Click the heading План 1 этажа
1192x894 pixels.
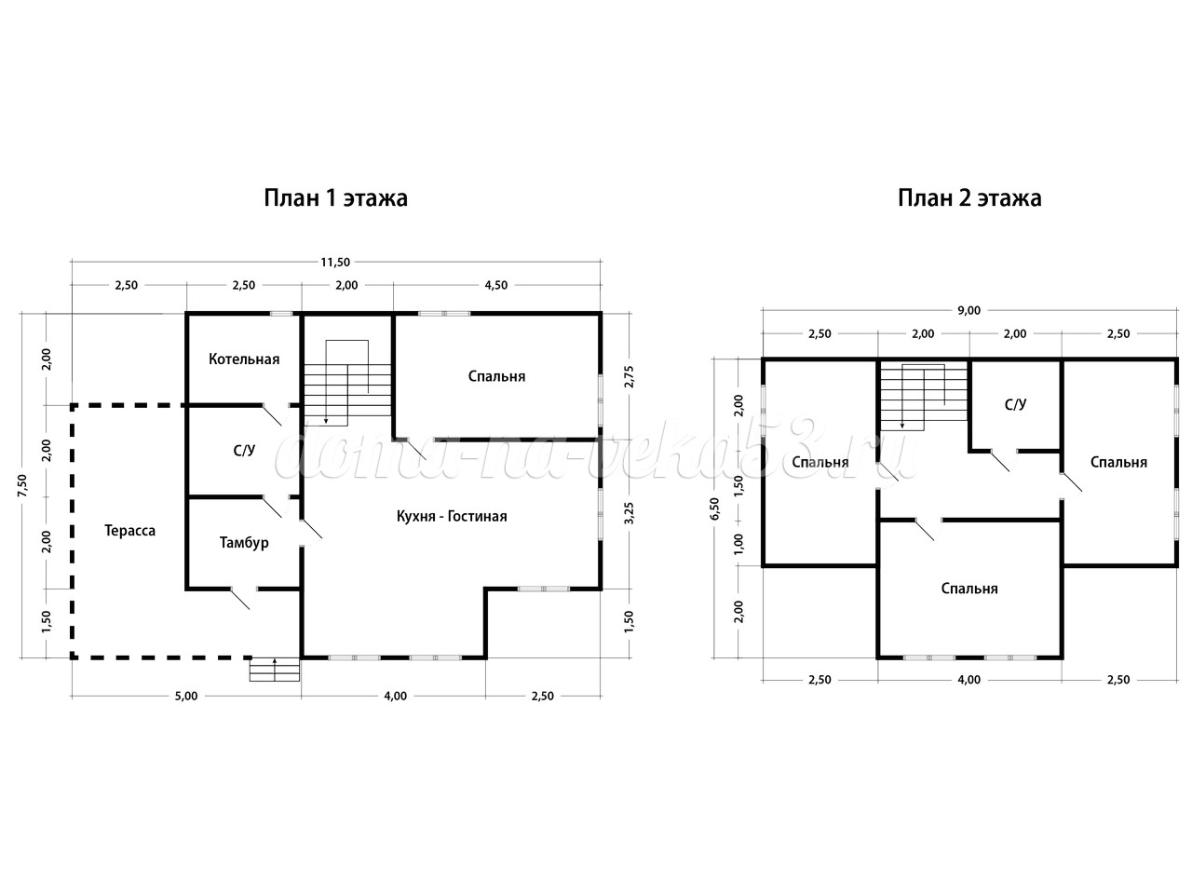pyautogui.click(x=335, y=198)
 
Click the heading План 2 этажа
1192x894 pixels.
pyautogui.click(x=969, y=198)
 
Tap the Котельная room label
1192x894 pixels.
pyautogui.click(x=244, y=359)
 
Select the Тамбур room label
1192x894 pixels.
pyautogui.click(x=244, y=543)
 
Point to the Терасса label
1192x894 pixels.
pyautogui.click(x=129, y=531)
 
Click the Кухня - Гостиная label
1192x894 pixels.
pyautogui.click(x=452, y=516)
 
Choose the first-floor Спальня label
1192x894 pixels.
pyautogui.click(x=497, y=377)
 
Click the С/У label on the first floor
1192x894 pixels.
pyautogui.click(x=244, y=451)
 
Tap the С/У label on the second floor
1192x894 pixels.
pyautogui.click(x=1015, y=404)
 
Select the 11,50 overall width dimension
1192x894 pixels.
pyautogui.click(x=335, y=263)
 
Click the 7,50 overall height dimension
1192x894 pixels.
pyautogui.click(x=22, y=485)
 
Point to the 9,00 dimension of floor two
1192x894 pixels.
pyautogui.click(x=969, y=310)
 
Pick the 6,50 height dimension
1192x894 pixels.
pyautogui.click(x=715, y=508)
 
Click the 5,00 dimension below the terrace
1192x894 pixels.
pyautogui.click(x=186, y=697)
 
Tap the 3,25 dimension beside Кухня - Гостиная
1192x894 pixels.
pyautogui.click(x=629, y=513)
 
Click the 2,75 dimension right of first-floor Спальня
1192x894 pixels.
pyautogui.click(x=629, y=377)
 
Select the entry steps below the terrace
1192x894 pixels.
pyautogui.click(x=275, y=670)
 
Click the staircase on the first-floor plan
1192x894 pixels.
pyautogui.click(x=347, y=384)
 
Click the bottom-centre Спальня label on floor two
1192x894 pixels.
pyautogui.click(x=969, y=589)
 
